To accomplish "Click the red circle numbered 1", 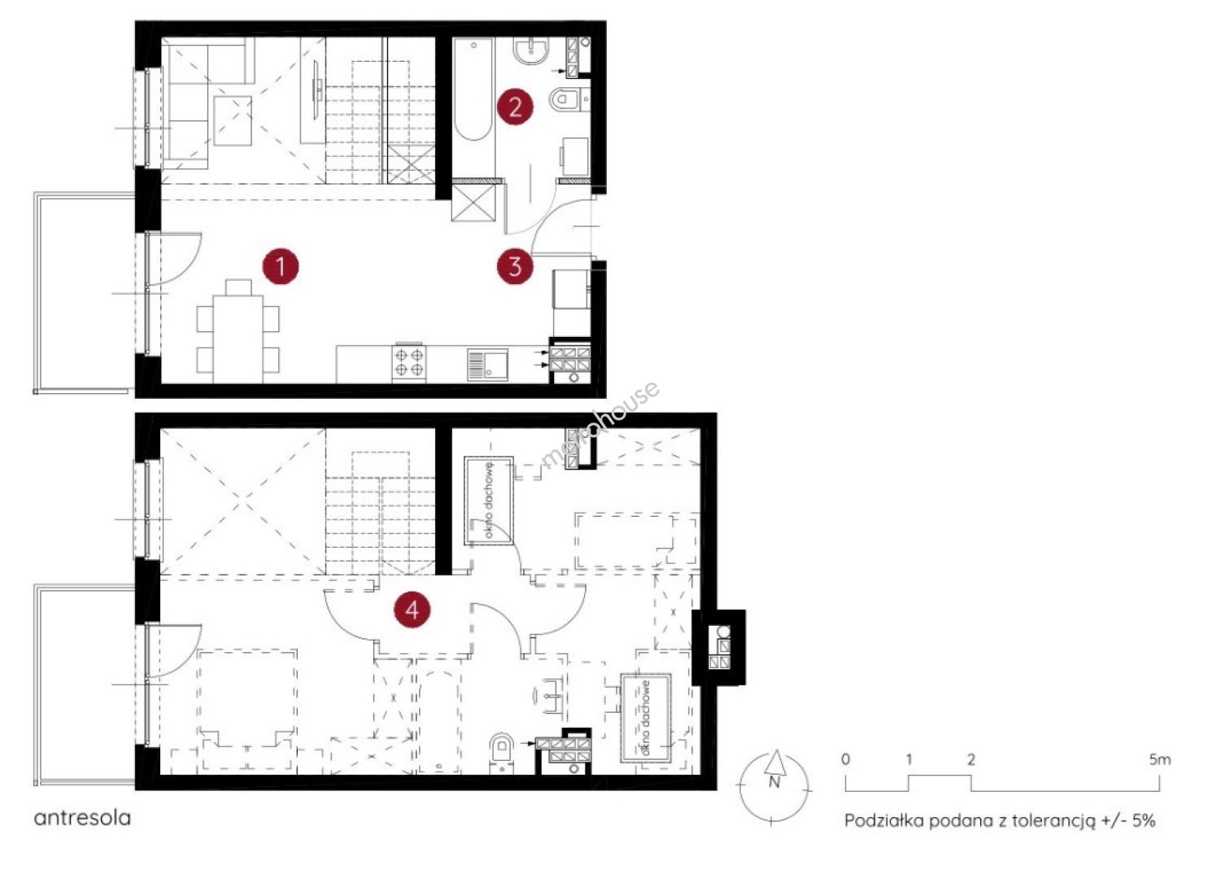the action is click(x=281, y=266).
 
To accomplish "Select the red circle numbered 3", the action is click(x=515, y=266).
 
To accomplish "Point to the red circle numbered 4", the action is click(x=412, y=610).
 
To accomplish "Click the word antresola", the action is click(x=82, y=818).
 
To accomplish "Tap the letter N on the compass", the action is click(x=774, y=782).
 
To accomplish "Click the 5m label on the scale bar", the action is click(x=1160, y=759).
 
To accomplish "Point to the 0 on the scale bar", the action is click(x=846, y=759).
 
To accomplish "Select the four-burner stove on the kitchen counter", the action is click(x=409, y=361).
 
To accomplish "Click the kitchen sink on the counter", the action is click(x=487, y=365).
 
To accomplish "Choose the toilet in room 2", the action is click(x=564, y=99).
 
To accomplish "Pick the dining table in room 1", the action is click(x=238, y=339).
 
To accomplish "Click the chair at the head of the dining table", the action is click(x=238, y=287).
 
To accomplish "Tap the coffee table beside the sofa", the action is click(x=233, y=121).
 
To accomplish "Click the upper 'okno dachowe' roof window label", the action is click(x=489, y=501).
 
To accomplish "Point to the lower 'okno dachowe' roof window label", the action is click(x=646, y=717).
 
